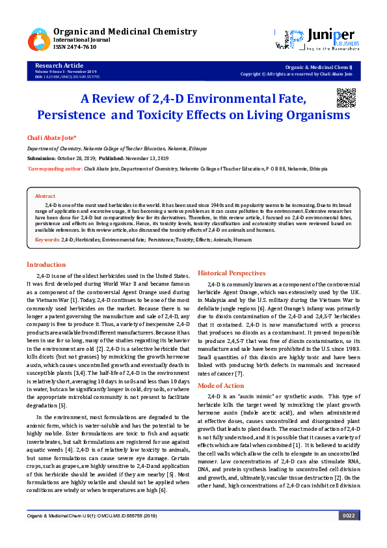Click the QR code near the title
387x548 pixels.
(x=346, y=97)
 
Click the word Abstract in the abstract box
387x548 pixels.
(x=45, y=196)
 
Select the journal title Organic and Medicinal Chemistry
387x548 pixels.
(x=125, y=31)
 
